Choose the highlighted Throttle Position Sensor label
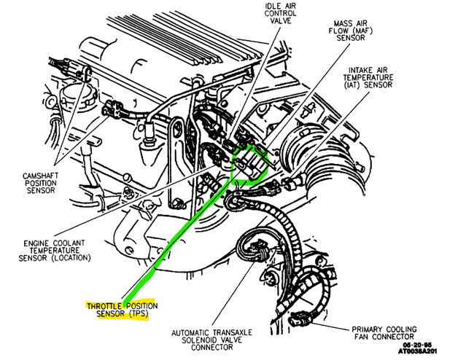[x=122, y=309]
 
